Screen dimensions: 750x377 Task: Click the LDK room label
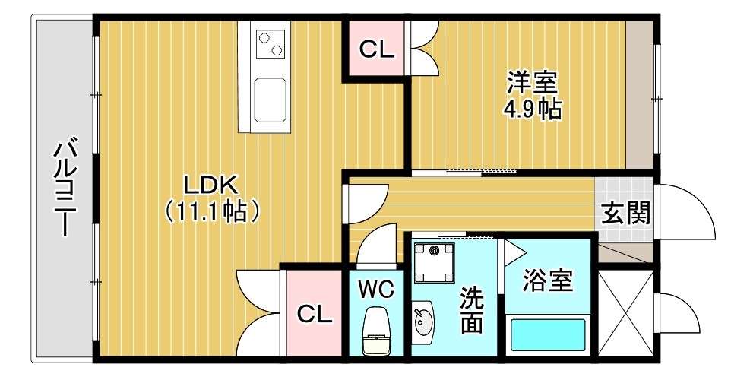click(211, 184)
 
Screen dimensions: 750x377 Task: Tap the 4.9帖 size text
click(532, 109)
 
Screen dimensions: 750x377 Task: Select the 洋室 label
click(533, 83)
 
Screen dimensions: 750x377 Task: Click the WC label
click(376, 289)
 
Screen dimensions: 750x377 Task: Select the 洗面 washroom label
click(471, 311)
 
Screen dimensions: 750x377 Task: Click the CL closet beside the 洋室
click(377, 49)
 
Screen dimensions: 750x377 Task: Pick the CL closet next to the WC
click(315, 314)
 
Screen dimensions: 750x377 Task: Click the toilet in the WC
click(376, 331)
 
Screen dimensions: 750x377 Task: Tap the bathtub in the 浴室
click(548, 335)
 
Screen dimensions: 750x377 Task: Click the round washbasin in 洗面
click(422, 322)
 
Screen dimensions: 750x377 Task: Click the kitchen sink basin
click(271, 100)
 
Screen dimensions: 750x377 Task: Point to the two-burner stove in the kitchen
click(271, 43)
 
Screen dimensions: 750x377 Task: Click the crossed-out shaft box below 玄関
click(625, 313)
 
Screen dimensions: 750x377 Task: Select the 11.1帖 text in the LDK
click(212, 211)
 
